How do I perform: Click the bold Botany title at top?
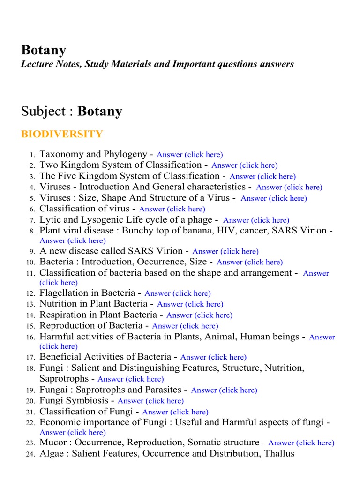[x=44, y=50]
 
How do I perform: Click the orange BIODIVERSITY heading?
[x=62, y=135]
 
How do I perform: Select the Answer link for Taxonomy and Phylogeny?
[x=189, y=155]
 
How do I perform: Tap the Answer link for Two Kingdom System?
[x=244, y=165]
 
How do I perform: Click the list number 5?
[x=32, y=198]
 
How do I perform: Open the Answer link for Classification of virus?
[x=172, y=209]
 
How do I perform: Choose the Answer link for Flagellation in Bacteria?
[x=177, y=293]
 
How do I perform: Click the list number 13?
[x=31, y=304]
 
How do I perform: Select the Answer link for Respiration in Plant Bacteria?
[x=199, y=315]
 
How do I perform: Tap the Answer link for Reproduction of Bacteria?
[x=185, y=326]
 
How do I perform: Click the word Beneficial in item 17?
[x=60, y=357]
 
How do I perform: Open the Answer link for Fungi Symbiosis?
[x=150, y=401]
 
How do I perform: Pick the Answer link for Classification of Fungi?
[x=175, y=412]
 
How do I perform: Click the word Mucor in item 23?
[x=52, y=442]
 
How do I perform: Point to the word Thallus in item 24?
[x=279, y=453]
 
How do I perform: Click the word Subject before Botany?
[x=42, y=112]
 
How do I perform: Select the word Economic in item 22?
[x=60, y=422]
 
